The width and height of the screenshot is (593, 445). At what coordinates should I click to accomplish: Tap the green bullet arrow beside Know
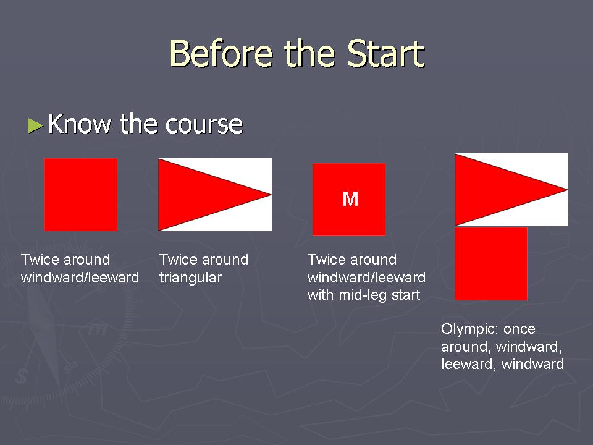pyautogui.click(x=36, y=125)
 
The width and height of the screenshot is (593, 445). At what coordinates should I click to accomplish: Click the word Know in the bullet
pyautogui.click(x=80, y=124)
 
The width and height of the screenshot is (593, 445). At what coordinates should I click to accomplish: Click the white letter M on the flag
pyautogui.click(x=350, y=198)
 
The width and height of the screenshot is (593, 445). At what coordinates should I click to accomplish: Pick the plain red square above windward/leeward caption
pyautogui.click(x=81, y=195)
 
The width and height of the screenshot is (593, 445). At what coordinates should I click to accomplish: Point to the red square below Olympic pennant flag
pyautogui.click(x=491, y=264)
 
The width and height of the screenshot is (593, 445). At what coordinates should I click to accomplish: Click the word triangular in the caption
pyautogui.click(x=190, y=278)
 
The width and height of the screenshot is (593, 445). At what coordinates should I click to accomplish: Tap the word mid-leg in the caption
pyautogui.click(x=363, y=295)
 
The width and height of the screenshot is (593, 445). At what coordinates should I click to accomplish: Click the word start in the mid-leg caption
pyautogui.click(x=406, y=295)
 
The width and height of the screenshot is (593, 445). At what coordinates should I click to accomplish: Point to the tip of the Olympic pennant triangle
pyautogui.click(x=568, y=190)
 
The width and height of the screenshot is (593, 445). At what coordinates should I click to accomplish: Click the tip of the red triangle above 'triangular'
pyautogui.click(x=271, y=195)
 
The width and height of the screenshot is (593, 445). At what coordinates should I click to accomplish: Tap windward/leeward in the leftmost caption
pyautogui.click(x=80, y=278)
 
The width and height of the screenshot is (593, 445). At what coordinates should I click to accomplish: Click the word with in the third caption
pyautogui.click(x=321, y=295)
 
